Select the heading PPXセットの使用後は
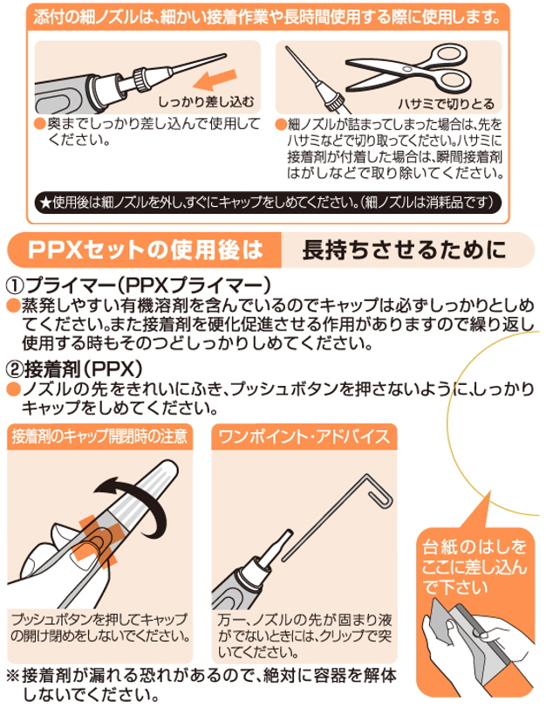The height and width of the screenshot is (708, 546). click(x=145, y=249)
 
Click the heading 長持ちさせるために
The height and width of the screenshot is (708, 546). click(x=402, y=249)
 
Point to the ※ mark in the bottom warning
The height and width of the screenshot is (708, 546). click(x=13, y=675)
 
